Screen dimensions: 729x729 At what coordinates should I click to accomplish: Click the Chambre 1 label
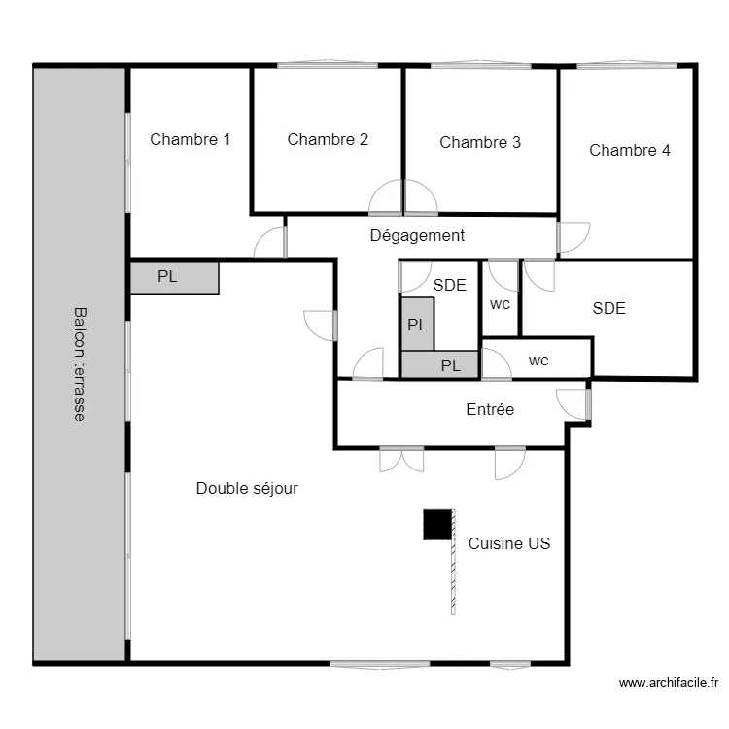pyautogui.click(x=190, y=139)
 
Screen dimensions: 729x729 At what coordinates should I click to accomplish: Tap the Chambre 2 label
pyautogui.click(x=328, y=139)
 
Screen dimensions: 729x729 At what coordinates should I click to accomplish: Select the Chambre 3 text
pyautogui.click(x=480, y=142)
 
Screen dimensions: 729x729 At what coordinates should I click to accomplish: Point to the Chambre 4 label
pyautogui.click(x=629, y=150)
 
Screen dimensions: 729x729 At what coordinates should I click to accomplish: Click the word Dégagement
pyautogui.click(x=417, y=235)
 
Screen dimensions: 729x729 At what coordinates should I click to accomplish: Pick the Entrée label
pyautogui.click(x=490, y=410)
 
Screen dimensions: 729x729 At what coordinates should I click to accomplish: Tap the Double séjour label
pyautogui.click(x=247, y=488)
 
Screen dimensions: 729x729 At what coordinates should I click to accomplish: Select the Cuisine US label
pyautogui.click(x=509, y=543)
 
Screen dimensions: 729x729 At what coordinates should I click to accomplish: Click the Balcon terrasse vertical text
pyautogui.click(x=80, y=364)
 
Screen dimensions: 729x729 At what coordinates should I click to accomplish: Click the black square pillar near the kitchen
pyautogui.click(x=437, y=525)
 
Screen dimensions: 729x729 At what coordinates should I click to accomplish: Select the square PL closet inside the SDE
pyautogui.click(x=417, y=324)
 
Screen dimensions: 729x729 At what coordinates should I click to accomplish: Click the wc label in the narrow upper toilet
pyautogui.click(x=500, y=304)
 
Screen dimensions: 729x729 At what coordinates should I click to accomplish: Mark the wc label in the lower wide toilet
pyautogui.click(x=538, y=361)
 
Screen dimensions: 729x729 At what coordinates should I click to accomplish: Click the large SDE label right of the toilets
pyautogui.click(x=608, y=308)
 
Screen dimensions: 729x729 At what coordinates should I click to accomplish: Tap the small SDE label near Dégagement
pyautogui.click(x=450, y=285)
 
